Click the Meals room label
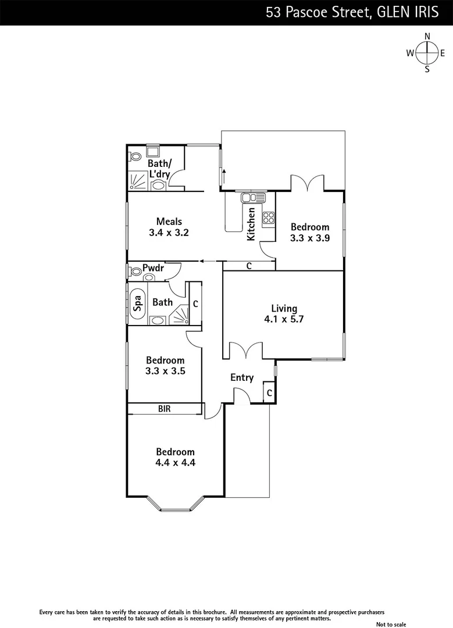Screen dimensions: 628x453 click(169, 221)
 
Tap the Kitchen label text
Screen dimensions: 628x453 click(251, 224)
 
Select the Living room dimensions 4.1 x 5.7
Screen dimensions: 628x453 click(284, 319)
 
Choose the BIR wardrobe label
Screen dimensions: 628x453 click(165, 409)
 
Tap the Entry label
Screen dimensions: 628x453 click(242, 377)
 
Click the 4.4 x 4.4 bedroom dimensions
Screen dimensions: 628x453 click(174, 463)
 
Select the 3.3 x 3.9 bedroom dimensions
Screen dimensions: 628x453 click(310, 238)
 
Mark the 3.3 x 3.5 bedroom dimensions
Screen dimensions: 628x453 click(165, 371)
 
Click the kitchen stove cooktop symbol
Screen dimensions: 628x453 click(269, 219)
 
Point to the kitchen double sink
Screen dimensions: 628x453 click(254, 198)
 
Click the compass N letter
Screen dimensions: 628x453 click(427, 36)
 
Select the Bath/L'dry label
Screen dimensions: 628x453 click(158, 168)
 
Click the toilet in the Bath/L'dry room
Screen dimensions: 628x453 click(135, 156)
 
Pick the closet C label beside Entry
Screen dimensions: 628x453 click(269, 394)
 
